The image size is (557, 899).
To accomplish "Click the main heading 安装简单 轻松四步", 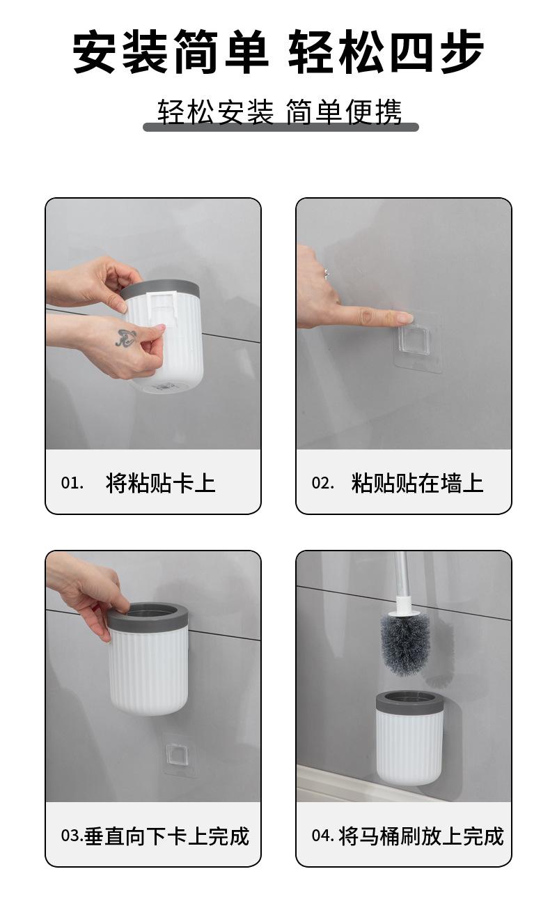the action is pyautogui.click(x=278, y=52).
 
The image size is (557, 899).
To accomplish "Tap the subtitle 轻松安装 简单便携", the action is pyautogui.click(x=279, y=112).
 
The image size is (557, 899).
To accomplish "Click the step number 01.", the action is pyautogui.click(x=72, y=482).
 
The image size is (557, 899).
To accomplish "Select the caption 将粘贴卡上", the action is pyautogui.click(x=160, y=482).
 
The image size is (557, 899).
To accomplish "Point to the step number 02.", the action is pyautogui.click(x=323, y=482).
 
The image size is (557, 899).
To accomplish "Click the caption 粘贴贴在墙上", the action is pyautogui.click(x=417, y=482).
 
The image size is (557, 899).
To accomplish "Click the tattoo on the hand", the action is pyautogui.click(x=125, y=337).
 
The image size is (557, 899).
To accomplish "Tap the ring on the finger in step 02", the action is pyautogui.click(x=327, y=273).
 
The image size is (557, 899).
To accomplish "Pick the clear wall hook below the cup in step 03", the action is pyautogui.click(x=176, y=755).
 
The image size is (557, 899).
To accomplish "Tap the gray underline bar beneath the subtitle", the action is pyautogui.click(x=281, y=128).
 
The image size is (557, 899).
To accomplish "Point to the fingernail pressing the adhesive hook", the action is pyautogui.click(x=405, y=319).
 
